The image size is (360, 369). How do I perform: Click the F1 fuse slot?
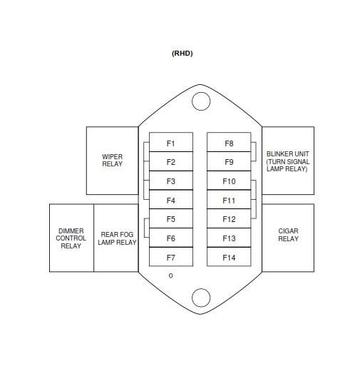[x=171, y=142]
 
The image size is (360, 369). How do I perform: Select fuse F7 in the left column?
[x=171, y=257]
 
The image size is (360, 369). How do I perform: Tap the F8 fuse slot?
[x=229, y=142]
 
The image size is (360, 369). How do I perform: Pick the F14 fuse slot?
[x=229, y=257]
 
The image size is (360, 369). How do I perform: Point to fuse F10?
[x=229, y=181]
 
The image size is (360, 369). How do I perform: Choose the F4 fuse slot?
[x=171, y=199]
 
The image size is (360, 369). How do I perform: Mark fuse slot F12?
[x=229, y=218]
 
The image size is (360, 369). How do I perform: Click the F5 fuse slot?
[x=171, y=218]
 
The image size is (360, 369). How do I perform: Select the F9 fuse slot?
[x=229, y=161]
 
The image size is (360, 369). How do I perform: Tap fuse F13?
[x=229, y=238]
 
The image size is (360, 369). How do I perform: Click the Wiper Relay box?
[x=112, y=161]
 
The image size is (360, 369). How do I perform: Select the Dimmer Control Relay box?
[x=71, y=238]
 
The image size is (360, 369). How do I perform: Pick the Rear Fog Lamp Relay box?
[x=116, y=238]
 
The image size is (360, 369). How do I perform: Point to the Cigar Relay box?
[x=288, y=238]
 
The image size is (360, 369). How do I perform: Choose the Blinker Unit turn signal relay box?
[x=288, y=161]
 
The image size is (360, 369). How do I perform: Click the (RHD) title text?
[x=182, y=54]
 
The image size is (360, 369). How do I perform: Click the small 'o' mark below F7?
[x=170, y=276]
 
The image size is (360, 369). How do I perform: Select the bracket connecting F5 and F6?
[x=144, y=228]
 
